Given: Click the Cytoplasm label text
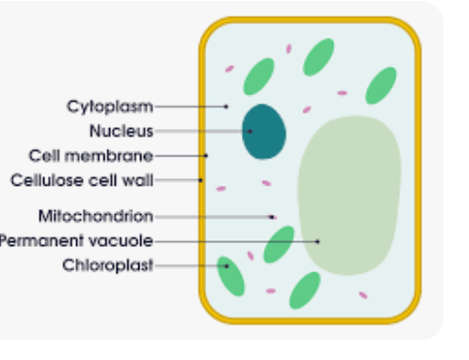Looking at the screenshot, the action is pyautogui.click(x=110, y=106).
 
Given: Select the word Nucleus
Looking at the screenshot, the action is pyautogui.click(x=121, y=131).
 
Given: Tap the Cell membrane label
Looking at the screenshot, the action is pyautogui.click(x=91, y=155).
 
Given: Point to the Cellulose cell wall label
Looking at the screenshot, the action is pyautogui.click(x=82, y=180).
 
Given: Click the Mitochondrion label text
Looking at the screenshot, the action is pyautogui.click(x=96, y=217).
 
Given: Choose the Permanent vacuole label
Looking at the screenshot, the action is pyautogui.click(x=76, y=241).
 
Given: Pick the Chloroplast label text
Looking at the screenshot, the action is pyautogui.click(x=107, y=265).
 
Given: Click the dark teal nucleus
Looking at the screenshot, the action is pyautogui.click(x=264, y=132).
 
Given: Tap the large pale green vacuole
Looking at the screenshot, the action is pyautogui.click(x=349, y=195).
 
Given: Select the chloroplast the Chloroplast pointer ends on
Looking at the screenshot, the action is pyautogui.click(x=231, y=276).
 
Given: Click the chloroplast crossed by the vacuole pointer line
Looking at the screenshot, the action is pyautogui.click(x=279, y=244).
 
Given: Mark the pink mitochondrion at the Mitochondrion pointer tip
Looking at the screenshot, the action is pyautogui.click(x=273, y=217).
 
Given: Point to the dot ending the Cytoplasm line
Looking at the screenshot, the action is pyautogui.click(x=226, y=106).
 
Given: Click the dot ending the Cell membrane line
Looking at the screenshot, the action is pyautogui.click(x=206, y=155).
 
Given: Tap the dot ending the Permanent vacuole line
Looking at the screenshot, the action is pyautogui.click(x=317, y=241).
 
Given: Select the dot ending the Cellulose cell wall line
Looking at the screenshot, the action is pyautogui.click(x=201, y=180).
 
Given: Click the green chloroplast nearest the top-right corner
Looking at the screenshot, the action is pyautogui.click(x=380, y=86).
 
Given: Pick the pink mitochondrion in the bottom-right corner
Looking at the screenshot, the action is pyautogui.click(x=363, y=295).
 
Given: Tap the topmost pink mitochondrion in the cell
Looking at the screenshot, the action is pyautogui.click(x=289, y=49).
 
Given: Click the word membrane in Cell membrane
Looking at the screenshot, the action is pyautogui.click(x=109, y=155).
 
